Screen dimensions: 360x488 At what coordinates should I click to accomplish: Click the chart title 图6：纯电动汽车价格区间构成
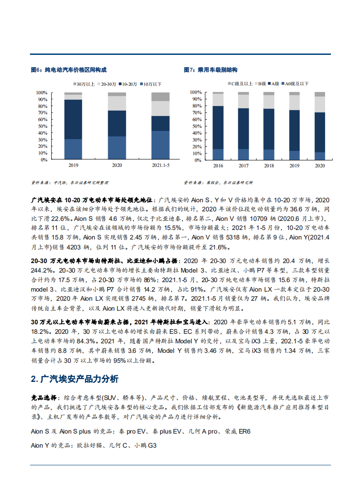[x=69, y=70]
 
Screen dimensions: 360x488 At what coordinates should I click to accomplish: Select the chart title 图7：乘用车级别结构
[x=211, y=70]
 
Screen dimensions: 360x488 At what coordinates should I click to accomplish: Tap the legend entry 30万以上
[x=85, y=84]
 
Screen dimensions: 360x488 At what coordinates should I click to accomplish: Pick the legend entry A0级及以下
[x=296, y=83]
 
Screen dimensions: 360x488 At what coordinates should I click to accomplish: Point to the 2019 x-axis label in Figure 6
[x=73, y=166]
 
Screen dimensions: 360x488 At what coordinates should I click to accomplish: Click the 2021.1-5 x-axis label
[x=160, y=166]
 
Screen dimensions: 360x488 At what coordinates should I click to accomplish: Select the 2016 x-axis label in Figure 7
[x=218, y=166]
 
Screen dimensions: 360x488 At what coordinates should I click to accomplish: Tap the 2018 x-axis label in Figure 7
[x=269, y=166]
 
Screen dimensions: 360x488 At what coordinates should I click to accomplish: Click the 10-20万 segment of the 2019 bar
[x=73, y=119]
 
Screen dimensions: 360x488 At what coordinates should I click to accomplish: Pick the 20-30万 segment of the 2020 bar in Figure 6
[x=117, y=103]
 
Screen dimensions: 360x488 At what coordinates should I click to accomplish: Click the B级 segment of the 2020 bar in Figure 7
[x=320, y=104]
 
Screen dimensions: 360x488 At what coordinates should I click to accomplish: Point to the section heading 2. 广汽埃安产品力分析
[x=74, y=379]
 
